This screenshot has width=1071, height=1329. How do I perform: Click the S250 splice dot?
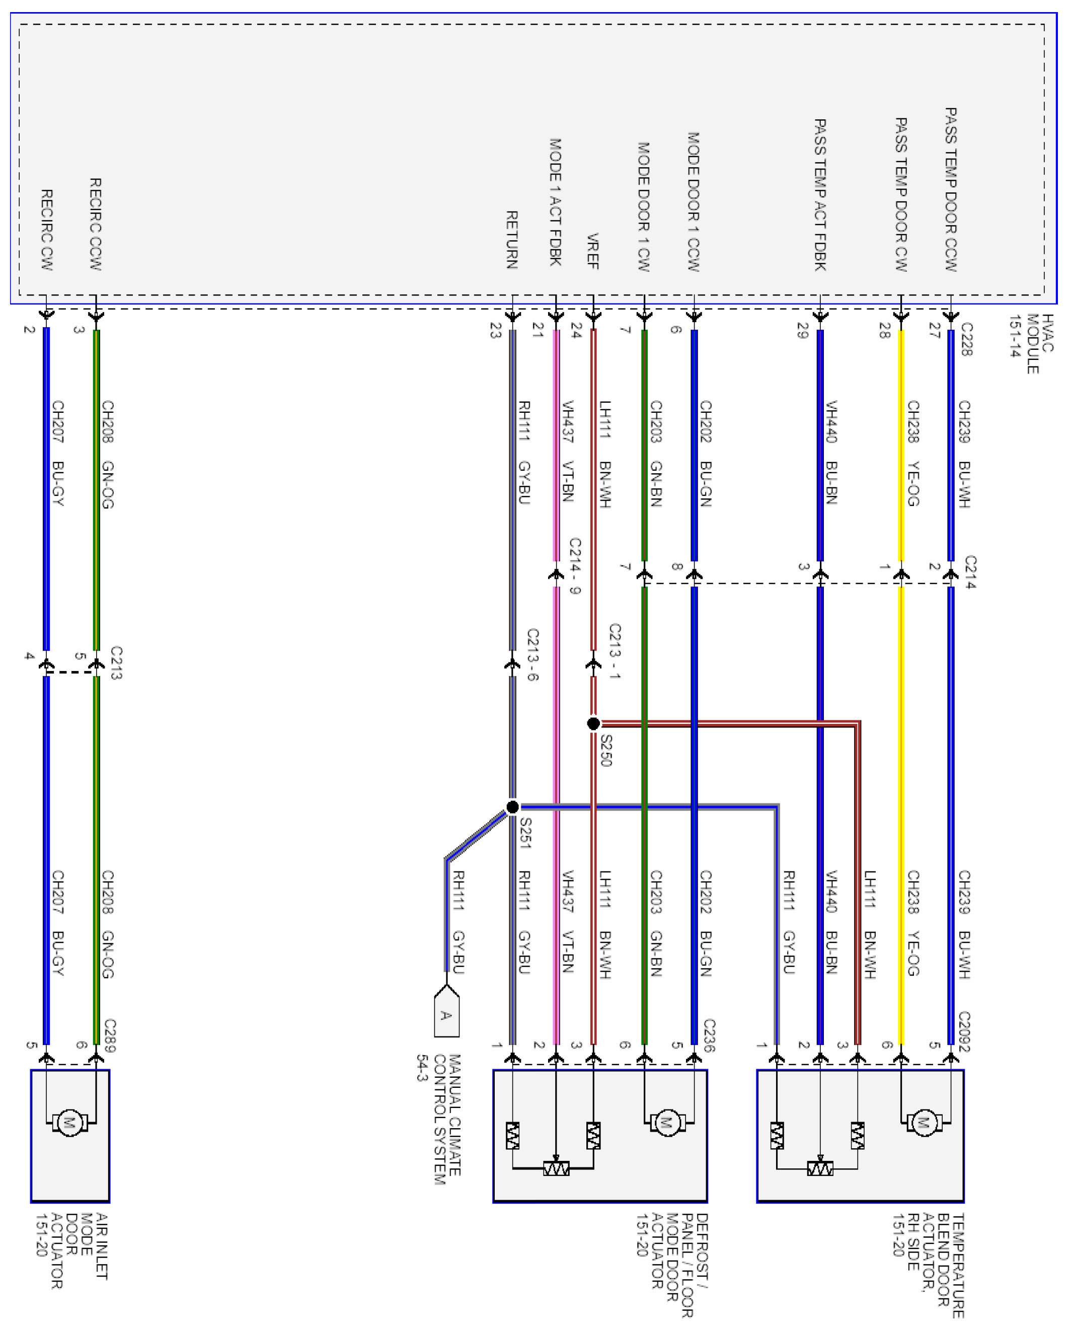point(593,723)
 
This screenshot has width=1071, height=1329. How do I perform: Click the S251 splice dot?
point(512,807)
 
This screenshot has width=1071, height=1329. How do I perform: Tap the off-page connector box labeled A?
point(446,1015)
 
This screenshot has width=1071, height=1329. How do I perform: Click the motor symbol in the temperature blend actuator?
point(924,1122)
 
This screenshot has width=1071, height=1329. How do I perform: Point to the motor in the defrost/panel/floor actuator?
point(666,1122)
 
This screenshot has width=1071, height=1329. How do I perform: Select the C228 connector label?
point(967,339)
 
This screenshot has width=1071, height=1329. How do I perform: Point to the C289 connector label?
point(109,1036)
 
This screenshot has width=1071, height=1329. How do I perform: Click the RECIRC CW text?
point(47,230)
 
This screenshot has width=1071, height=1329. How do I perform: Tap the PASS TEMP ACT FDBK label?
point(820,195)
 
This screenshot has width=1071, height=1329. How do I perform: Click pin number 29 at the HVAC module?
point(803,331)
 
